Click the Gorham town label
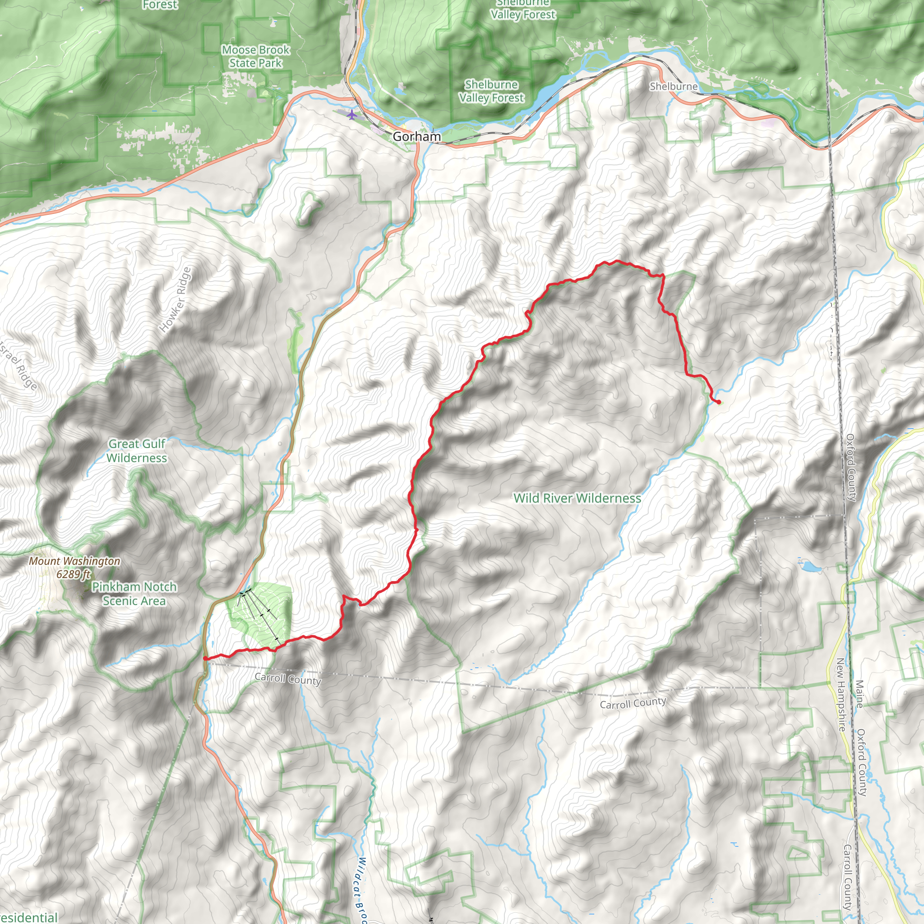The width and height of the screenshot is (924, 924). [416, 137]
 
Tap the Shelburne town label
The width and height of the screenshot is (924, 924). [674, 87]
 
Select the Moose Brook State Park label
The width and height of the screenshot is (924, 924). [256, 56]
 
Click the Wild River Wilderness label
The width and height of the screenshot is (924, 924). [577, 499]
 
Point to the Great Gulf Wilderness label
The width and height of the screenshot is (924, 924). [137, 451]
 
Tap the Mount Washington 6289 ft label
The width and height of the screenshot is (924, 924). [74, 567]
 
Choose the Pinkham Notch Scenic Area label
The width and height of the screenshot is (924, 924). [134, 594]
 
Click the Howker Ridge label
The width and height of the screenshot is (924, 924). [175, 300]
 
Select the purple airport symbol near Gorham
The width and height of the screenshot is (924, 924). [352, 115]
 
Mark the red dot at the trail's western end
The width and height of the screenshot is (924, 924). [205, 659]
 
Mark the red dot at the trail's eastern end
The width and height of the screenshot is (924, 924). [719, 402]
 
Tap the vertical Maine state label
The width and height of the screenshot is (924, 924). [859, 694]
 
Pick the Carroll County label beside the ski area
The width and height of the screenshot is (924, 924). [288, 679]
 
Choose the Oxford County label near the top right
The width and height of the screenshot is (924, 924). [851, 467]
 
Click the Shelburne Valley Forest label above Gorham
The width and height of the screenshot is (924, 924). [492, 91]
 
